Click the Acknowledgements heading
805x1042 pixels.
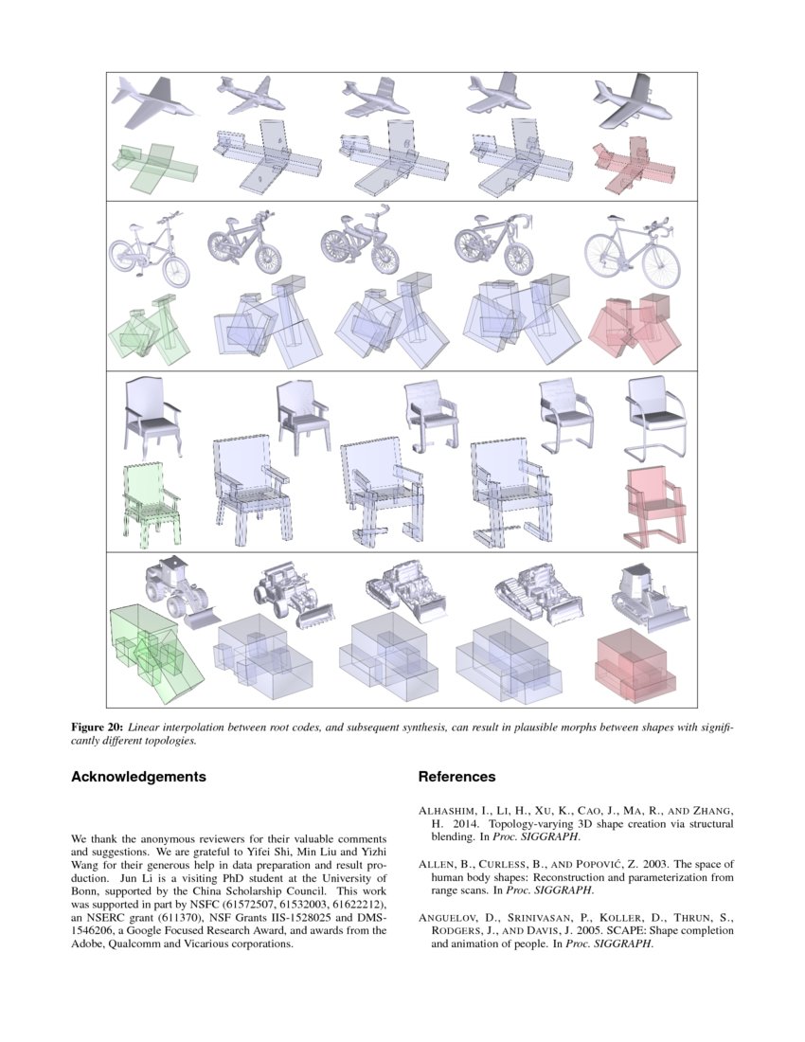pyautogui.click(x=138, y=777)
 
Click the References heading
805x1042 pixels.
pyautogui.click(x=456, y=777)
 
